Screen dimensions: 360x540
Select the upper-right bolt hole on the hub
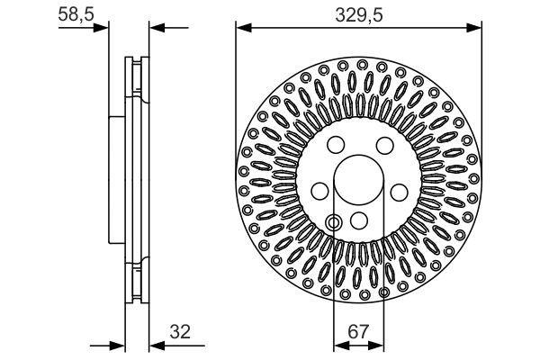click(382, 146)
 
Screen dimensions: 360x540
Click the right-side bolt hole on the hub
click(399, 190)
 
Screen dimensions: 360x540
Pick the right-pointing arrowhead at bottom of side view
click(116, 345)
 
